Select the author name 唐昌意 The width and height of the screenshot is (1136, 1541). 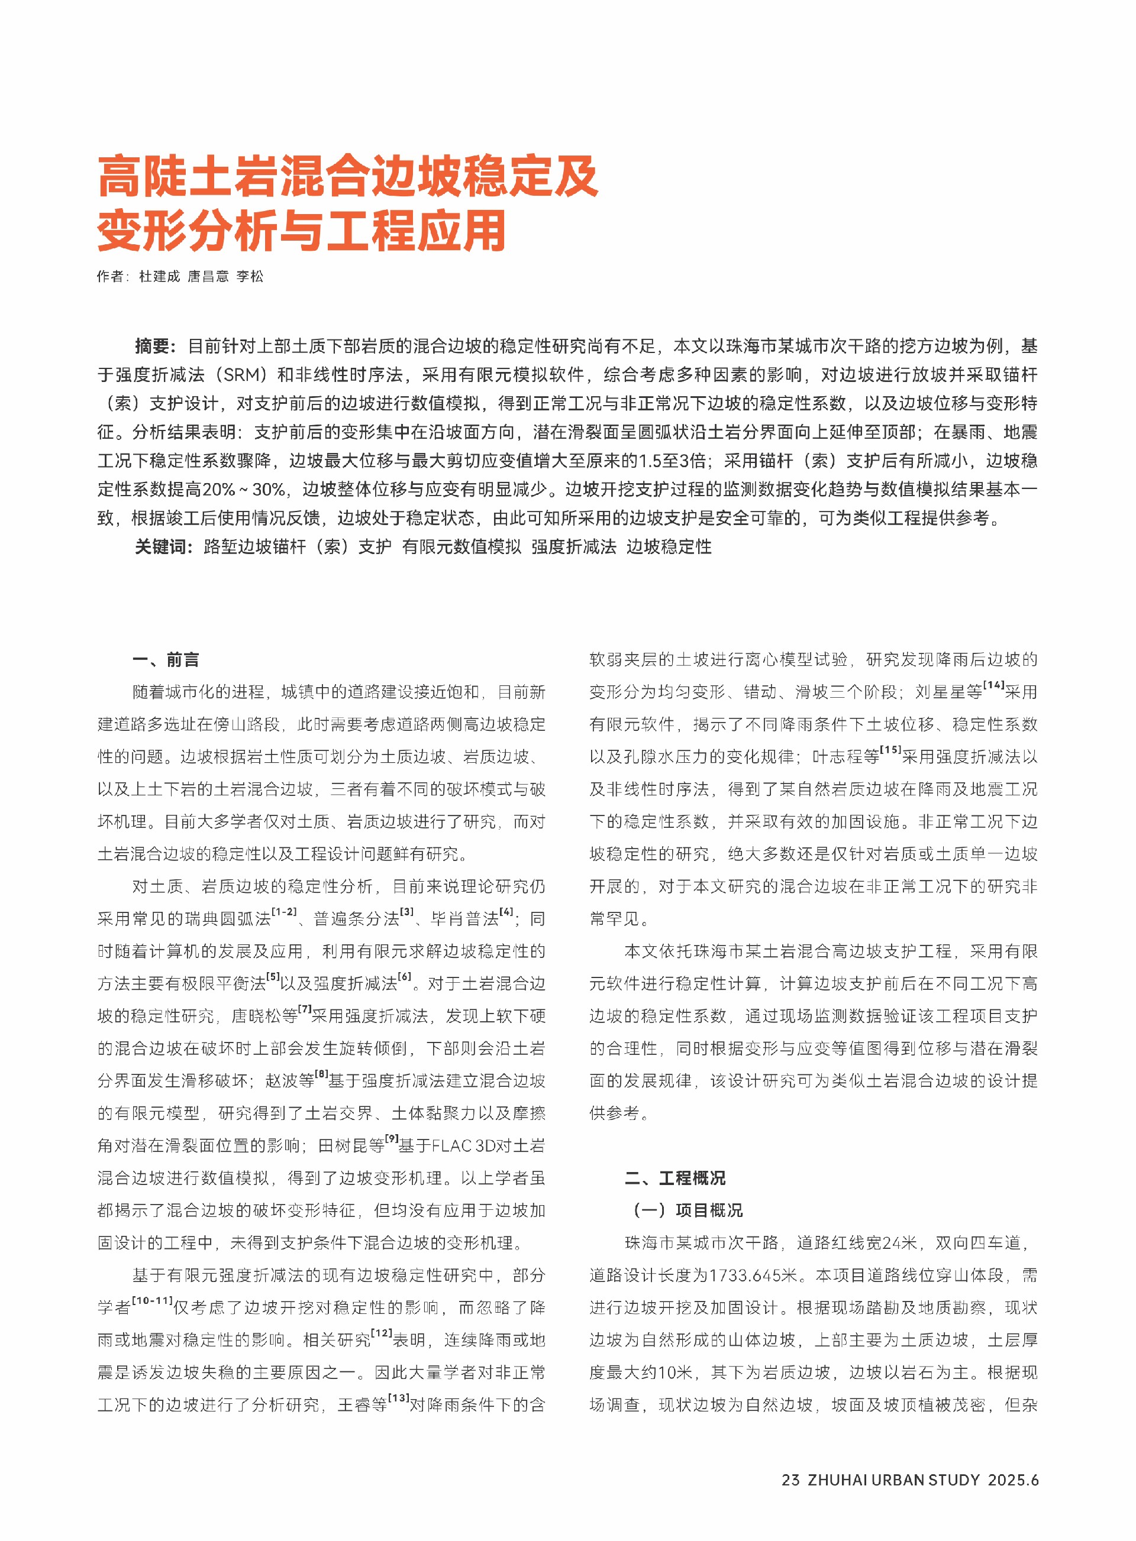pyautogui.click(x=208, y=276)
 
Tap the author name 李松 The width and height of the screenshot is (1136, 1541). pyautogui.click(x=250, y=276)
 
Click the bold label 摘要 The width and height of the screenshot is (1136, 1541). pyautogui.click(x=156, y=346)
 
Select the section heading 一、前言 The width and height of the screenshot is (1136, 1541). pyautogui.click(x=166, y=660)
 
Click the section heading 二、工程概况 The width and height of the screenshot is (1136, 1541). pyautogui.click(x=674, y=1178)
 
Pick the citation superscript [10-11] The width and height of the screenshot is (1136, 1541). pyautogui.click(x=152, y=1300)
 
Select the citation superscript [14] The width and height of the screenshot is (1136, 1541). pyautogui.click(x=993, y=685)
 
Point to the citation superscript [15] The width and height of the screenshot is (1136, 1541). pyautogui.click(x=890, y=750)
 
